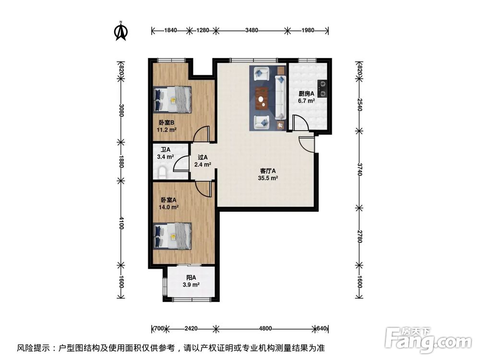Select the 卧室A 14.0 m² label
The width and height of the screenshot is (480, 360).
coord(169,204)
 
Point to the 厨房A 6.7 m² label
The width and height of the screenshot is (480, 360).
coord(306,97)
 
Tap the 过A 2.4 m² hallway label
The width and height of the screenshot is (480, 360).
coord(203,161)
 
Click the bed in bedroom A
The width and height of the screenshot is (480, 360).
coord(172,236)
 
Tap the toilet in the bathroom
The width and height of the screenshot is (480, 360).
coord(162,171)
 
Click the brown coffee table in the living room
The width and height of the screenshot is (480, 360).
coord(261,99)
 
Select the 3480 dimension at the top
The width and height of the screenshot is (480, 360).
coord(252,30)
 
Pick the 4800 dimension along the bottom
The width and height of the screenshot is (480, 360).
coord(265,329)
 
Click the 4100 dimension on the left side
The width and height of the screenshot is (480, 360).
coord(121,223)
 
